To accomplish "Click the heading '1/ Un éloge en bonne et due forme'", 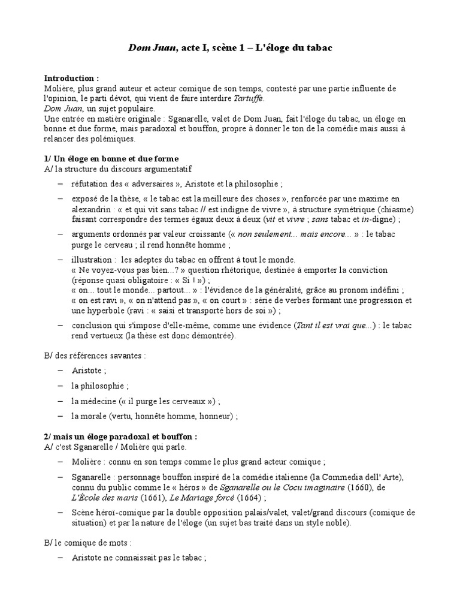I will click(x=111, y=159).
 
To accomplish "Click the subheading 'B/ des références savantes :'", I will click(x=95, y=355).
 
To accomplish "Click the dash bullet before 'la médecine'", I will click(x=61, y=401).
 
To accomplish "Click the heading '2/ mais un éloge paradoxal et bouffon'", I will click(x=120, y=437).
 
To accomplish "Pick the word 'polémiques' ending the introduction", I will click(x=113, y=139).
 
